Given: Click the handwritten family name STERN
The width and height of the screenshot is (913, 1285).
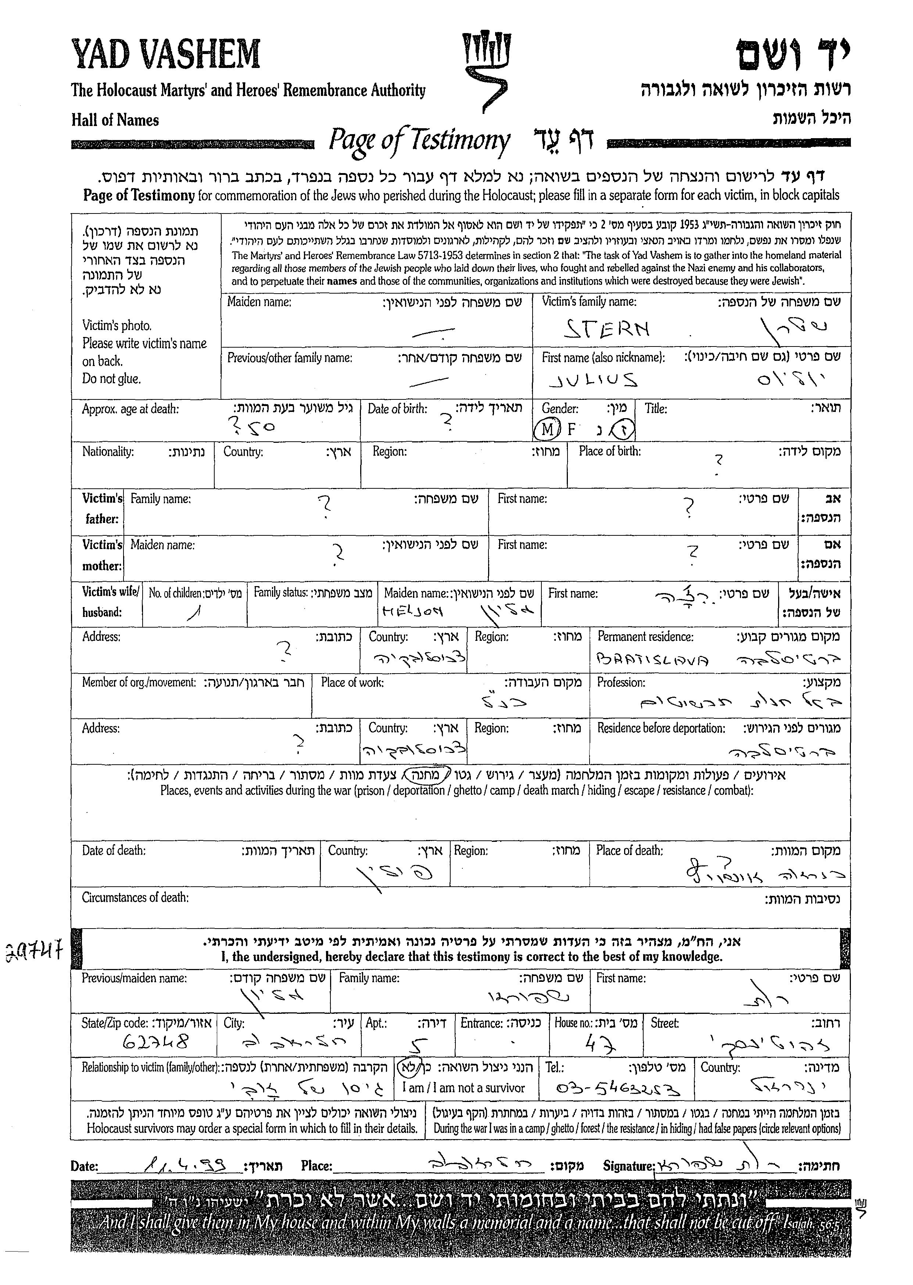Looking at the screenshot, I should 606,328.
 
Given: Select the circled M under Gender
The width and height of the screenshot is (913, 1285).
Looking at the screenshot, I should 547,430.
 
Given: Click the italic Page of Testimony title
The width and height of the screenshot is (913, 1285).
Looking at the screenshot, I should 419,140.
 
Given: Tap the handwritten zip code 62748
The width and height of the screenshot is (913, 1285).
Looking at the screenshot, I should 156,1043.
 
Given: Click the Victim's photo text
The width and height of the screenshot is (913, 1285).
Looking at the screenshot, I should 117,326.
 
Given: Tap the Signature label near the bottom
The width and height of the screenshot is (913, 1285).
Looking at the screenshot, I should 629,1166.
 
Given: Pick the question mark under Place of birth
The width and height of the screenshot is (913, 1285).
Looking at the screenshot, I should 718,460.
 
